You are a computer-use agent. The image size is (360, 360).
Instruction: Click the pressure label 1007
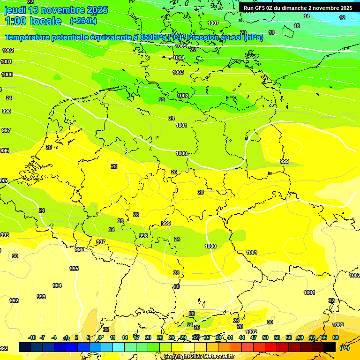[x=213, y=23]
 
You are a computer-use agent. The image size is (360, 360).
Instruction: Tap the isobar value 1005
[x=181, y=46]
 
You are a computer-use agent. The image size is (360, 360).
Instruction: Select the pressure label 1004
[x=179, y=58]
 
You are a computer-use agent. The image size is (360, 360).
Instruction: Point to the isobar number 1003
[x=178, y=72]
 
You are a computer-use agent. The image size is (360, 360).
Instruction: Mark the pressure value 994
[x=57, y=285]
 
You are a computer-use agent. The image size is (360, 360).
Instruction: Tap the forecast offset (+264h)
[x=83, y=21]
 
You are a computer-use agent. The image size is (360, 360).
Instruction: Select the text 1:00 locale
[x=33, y=21]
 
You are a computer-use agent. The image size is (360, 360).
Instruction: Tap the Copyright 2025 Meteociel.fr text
[x=199, y=356]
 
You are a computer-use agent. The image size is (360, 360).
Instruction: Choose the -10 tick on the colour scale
[x=32, y=337]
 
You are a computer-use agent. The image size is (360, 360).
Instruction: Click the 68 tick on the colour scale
[x=336, y=337]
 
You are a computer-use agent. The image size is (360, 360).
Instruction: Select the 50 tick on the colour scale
[x=265, y=337]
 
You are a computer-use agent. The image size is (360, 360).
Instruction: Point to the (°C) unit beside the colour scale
[x=344, y=348]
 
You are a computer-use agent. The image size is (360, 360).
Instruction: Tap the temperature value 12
[x=342, y=18]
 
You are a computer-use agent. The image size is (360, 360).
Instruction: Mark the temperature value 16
[x=297, y=26]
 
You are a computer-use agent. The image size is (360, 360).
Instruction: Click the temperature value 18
[x=271, y=32]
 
